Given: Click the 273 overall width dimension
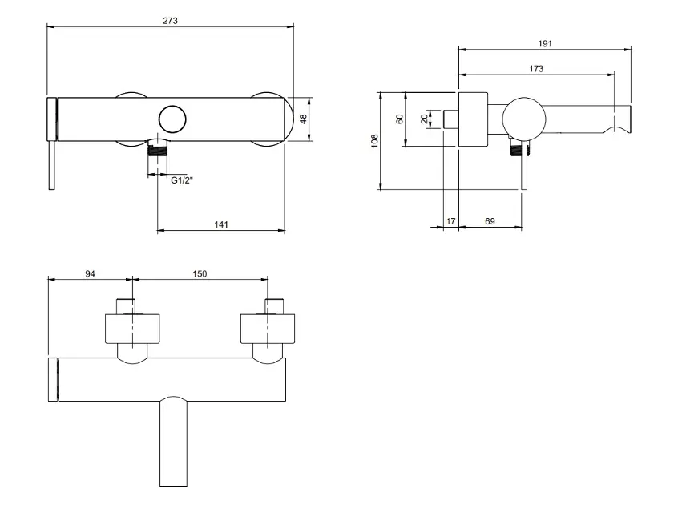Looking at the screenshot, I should tap(171, 19).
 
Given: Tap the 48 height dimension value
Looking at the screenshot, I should tap(304, 119).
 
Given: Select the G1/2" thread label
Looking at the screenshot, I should tap(182, 181).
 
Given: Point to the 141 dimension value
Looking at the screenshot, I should tap(221, 224).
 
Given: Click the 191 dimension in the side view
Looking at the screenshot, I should tap(545, 43).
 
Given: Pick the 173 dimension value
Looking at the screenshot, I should tap(536, 69).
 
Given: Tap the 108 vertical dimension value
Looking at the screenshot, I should tap(374, 141).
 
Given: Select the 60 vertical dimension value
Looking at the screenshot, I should tap(399, 119).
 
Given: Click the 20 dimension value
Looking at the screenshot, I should tap(424, 119).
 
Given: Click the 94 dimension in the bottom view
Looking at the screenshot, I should tap(91, 274).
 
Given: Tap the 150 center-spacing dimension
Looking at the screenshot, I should tap(200, 274).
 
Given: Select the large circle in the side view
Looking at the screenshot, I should tap(524, 119).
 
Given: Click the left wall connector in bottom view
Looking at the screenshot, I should tap(133, 329).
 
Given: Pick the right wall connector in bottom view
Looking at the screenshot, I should tap(268, 329).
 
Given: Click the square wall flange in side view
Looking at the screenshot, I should tap(472, 119).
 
